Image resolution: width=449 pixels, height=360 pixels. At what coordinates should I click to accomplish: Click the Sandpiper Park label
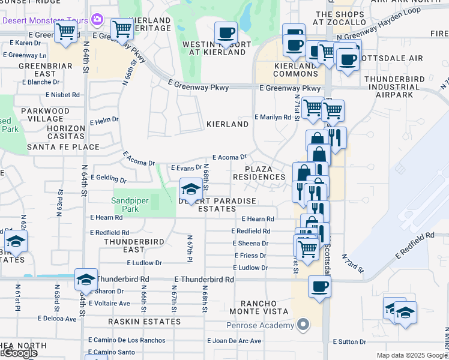click(125, 205)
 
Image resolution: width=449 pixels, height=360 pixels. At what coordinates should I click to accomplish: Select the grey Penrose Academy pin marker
click(304, 325)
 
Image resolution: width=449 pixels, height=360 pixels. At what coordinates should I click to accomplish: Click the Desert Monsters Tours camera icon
click(97, 20)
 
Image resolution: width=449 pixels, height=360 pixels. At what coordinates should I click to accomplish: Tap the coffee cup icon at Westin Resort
click(226, 33)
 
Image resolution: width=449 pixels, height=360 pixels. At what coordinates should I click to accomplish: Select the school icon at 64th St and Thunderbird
click(86, 280)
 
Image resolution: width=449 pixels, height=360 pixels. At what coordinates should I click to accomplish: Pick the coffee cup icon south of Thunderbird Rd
click(319, 286)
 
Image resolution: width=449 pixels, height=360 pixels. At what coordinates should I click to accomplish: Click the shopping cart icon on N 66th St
click(122, 28)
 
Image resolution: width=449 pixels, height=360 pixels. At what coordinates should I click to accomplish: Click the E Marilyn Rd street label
click(273, 117)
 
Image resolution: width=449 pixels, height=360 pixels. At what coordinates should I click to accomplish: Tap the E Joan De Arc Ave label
click(234, 341)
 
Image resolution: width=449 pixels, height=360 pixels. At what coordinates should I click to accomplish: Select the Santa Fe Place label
click(63, 146)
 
